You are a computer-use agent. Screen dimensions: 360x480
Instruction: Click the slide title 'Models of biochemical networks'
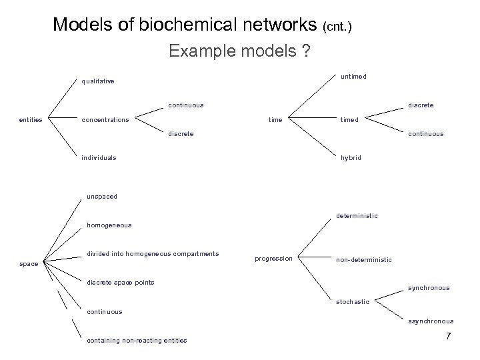(185, 25)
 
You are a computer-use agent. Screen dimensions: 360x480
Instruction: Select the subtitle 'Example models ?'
(239, 51)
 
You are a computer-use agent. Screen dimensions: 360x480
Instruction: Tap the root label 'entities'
(31, 120)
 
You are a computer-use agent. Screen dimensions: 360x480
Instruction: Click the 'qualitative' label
(97, 82)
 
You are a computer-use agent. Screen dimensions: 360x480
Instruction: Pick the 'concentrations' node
(105, 120)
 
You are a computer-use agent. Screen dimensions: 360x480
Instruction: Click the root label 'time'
(275, 120)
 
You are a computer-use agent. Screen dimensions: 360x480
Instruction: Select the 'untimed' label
(353, 77)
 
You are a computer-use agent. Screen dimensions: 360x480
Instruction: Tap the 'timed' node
(349, 120)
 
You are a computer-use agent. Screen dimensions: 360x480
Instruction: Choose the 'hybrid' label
(351, 158)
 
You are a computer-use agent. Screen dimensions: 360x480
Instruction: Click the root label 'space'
(29, 264)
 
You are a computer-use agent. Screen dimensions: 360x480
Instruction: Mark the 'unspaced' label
(102, 197)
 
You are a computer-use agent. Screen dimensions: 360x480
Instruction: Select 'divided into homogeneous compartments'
(153, 253)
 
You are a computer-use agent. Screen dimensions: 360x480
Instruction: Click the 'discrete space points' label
(121, 282)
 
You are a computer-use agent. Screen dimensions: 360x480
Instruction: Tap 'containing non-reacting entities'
(137, 341)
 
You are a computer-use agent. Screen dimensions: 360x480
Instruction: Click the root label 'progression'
(274, 259)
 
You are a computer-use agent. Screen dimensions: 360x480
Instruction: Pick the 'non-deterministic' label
(363, 259)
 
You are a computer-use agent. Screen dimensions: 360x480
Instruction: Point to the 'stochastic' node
(353, 301)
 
